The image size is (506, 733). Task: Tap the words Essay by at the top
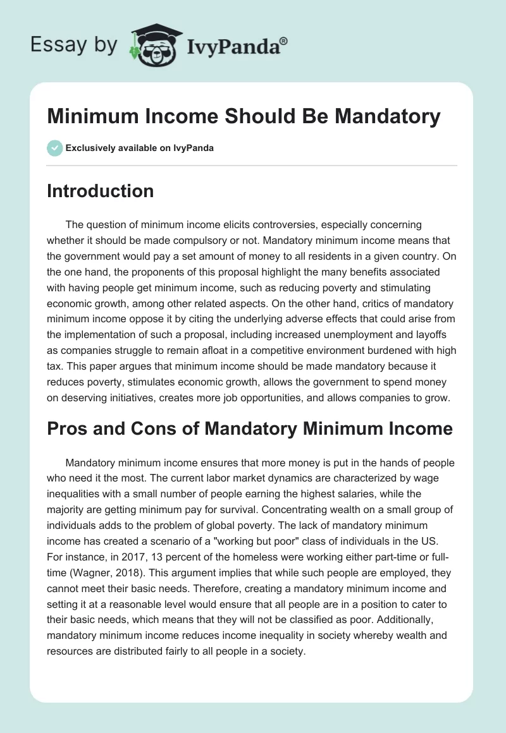(75, 45)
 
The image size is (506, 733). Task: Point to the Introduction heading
(100, 191)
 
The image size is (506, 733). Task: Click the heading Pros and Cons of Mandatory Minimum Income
(250, 428)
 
